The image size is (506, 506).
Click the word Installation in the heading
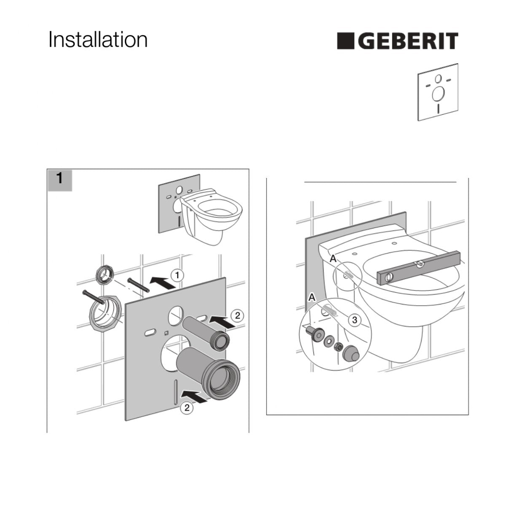point(98,39)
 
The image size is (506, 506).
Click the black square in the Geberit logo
point(346,41)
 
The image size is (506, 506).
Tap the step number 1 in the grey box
point(60,178)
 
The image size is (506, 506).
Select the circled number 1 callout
point(177,275)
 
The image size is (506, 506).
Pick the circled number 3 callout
point(355,320)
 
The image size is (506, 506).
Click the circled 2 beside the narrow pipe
point(237,315)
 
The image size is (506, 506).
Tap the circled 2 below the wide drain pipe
point(187,408)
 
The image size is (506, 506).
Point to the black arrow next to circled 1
point(163,283)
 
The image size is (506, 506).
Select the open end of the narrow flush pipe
point(221,342)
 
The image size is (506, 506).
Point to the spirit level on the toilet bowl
point(419,268)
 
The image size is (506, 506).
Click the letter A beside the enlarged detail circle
point(312,298)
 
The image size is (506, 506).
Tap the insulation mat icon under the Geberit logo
point(438,92)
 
